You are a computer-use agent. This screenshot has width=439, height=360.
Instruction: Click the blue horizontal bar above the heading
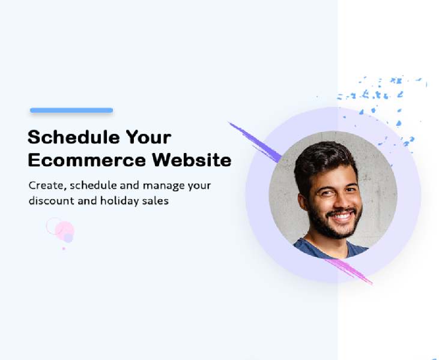(71, 110)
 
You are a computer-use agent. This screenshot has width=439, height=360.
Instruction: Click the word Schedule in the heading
(74, 137)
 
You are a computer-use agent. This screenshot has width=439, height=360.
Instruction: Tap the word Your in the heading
(148, 137)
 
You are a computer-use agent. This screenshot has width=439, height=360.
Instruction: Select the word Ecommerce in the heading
(87, 160)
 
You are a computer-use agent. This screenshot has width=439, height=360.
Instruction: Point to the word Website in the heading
(192, 160)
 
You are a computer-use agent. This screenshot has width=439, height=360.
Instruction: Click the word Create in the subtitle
(47, 185)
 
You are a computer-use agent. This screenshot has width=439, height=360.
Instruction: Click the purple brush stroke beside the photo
(255, 142)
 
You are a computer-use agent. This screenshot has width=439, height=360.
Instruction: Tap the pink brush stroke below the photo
(348, 271)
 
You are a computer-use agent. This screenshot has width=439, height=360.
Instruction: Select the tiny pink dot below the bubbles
(64, 248)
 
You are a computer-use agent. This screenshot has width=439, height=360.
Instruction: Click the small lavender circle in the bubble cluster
(68, 238)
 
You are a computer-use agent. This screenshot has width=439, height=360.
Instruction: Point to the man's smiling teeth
(341, 216)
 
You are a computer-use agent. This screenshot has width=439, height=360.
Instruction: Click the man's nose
(340, 200)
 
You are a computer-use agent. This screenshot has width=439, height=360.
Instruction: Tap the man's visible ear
(303, 202)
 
